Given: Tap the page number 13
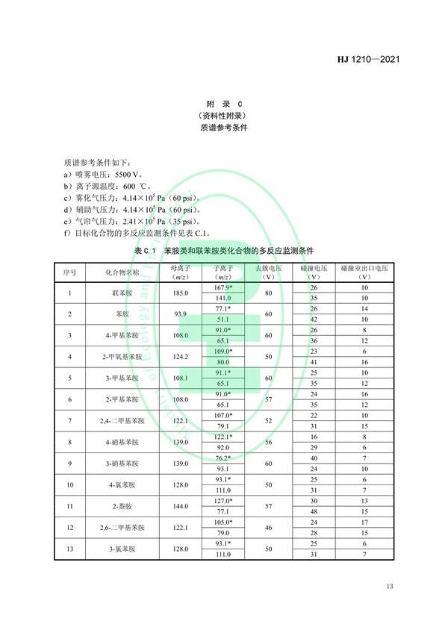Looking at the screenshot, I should [389, 585].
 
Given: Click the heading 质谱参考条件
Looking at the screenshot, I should [223, 128].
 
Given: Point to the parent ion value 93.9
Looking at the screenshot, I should [181, 314].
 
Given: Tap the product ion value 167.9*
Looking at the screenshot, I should [224, 287].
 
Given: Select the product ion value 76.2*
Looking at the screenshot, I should [224, 458].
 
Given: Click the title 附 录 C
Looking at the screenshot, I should [223, 104].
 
